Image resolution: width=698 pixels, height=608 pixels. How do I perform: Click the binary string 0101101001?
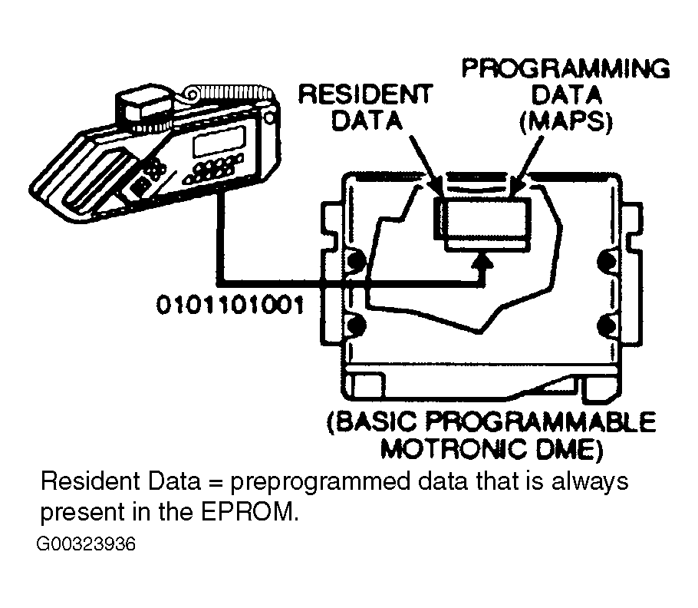click(x=229, y=305)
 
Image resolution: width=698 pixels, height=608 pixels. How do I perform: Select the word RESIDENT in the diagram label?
click(x=364, y=94)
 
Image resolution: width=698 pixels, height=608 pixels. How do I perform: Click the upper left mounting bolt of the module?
click(x=355, y=262)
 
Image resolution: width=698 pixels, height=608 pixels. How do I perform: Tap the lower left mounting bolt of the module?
click(x=355, y=325)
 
